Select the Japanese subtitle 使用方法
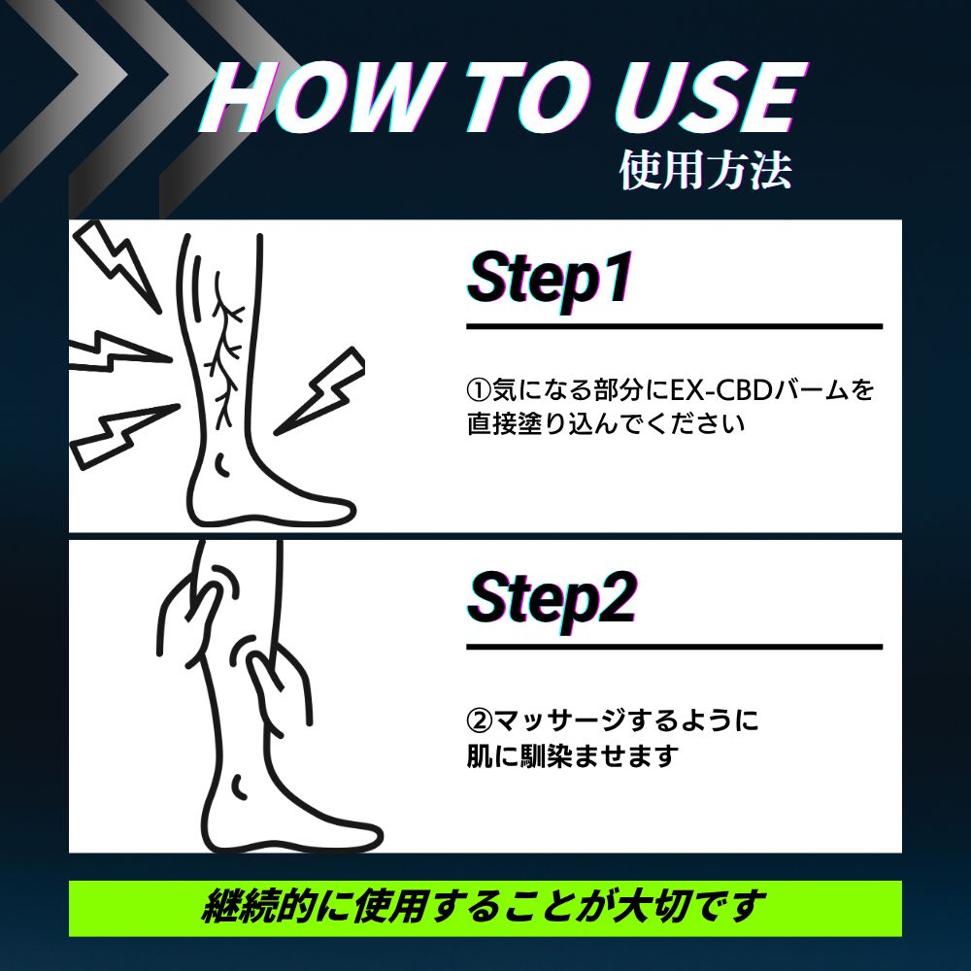pos(705,170)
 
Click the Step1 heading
pos(550,279)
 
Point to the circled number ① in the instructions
pos(479,390)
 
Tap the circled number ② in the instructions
pos(479,720)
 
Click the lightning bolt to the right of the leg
pos(320,390)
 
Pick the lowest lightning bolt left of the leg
pos(124,435)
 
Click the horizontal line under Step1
pos(674,326)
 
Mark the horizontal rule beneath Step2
pos(674,647)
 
